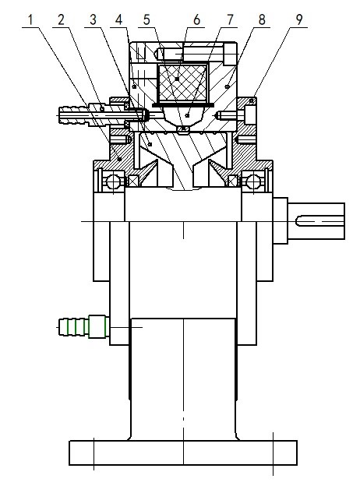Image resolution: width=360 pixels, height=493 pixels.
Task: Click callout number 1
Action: (x=30, y=19)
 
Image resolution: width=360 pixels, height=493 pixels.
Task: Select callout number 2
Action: (x=61, y=19)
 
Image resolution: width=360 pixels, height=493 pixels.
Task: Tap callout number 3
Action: (x=93, y=19)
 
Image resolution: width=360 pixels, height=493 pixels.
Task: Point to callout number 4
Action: (x=118, y=19)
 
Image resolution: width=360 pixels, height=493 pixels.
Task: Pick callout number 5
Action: (x=146, y=19)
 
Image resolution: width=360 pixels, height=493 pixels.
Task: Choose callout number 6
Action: (x=196, y=19)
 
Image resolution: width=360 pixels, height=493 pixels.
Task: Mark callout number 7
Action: (x=230, y=19)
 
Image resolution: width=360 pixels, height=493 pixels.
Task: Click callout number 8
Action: (x=262, y=19)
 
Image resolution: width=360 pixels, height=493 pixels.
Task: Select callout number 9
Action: (x=299, y=19)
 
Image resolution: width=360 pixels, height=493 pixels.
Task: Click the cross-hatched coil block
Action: (x=182, y=83)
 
